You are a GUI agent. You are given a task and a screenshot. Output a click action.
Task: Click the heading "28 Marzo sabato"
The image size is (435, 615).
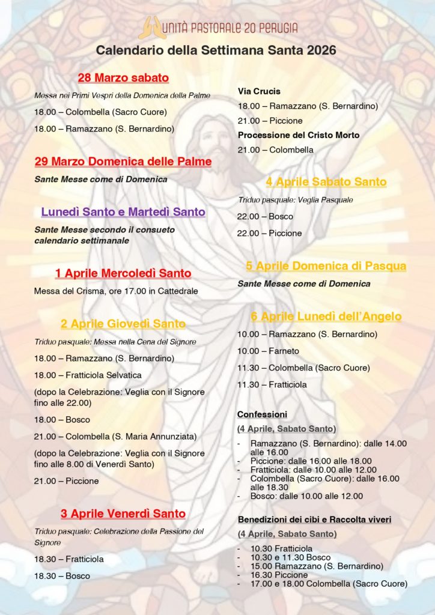[x=123, y=78]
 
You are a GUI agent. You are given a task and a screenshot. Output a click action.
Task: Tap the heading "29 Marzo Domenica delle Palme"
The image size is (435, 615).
[x=123, y=162]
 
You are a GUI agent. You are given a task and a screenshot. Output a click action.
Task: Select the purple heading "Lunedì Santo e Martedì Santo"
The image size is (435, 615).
[x=123, y=212]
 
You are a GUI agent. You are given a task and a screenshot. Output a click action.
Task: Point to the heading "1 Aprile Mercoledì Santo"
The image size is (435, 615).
[x=123, y=274]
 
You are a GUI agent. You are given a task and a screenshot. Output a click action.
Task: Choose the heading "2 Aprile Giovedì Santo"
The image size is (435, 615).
[x=123, y=324]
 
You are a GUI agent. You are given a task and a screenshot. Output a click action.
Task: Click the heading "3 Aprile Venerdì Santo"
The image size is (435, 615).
[x=123, y=514]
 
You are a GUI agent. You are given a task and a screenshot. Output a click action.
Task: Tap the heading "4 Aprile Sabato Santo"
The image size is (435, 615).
[x=326, y=182]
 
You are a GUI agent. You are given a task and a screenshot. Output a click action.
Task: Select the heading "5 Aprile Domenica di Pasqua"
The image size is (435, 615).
[x=326, y=266]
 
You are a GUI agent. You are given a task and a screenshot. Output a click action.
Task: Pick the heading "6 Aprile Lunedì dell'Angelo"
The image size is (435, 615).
[x=326, y=317]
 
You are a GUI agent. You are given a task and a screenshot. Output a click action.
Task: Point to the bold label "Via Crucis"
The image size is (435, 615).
[x=259, y=91]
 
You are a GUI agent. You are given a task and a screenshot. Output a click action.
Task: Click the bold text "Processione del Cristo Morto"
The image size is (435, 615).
[x=299, y=135]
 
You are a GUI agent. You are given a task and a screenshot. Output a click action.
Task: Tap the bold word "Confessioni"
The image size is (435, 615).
[x=262, y=414]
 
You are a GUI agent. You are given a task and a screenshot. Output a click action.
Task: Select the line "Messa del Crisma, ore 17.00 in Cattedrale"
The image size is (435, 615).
[x=116, y=291]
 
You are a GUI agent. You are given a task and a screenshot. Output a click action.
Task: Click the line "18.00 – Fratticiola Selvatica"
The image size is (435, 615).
[x=88, y=375]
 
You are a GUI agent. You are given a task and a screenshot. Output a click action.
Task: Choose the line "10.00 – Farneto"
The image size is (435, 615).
[x=268, y=351]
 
